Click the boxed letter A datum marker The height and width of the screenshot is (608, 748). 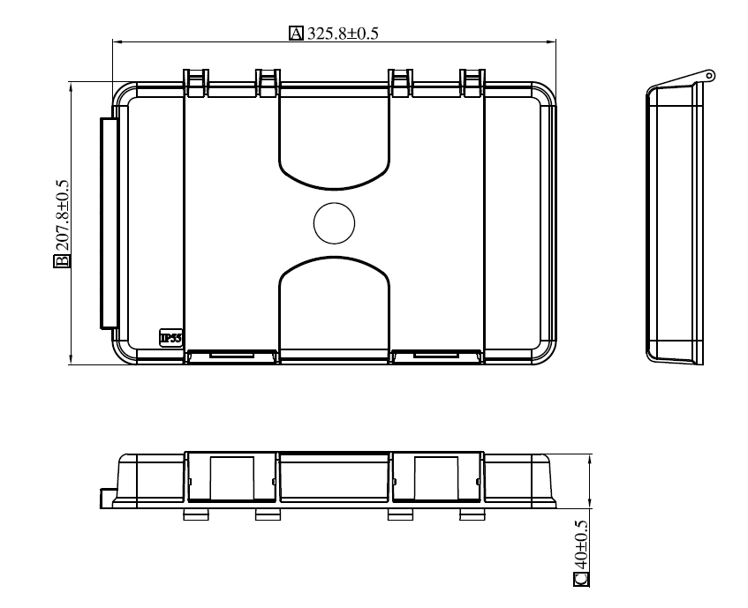tap(296, 34)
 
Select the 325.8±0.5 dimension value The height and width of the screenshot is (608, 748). tap(343, 34)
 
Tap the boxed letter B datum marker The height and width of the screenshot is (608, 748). tap(62, 261)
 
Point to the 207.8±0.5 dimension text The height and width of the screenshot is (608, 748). tap(62, 215)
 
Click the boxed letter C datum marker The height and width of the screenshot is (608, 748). tap(581, 579)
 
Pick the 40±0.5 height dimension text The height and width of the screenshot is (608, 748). tap(581, 544)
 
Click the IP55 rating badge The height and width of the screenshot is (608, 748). tap(170, 338)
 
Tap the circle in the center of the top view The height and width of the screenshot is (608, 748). tap(335, 223)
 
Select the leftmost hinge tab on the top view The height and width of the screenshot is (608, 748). tap(196, 83)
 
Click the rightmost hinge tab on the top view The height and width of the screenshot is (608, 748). tap(472, 83)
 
